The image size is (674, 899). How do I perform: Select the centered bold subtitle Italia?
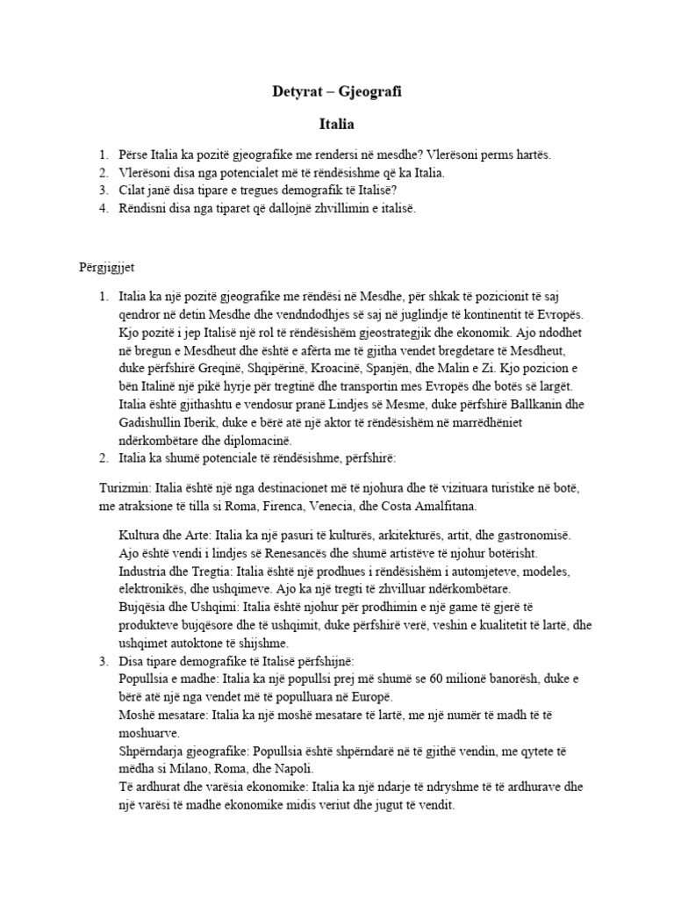tap(336, 126)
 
